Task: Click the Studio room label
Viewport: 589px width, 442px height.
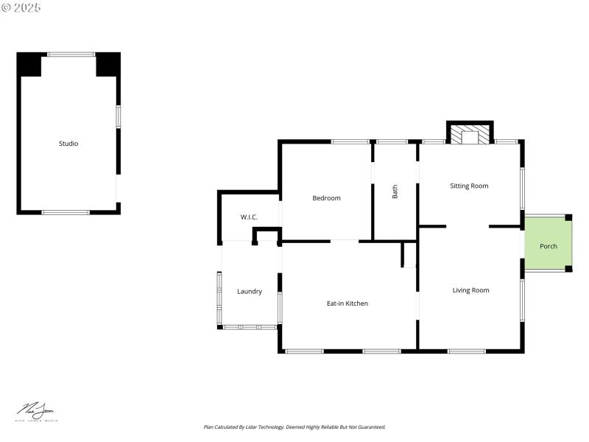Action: [68, 144]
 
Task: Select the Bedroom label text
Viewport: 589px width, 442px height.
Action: [326, 198]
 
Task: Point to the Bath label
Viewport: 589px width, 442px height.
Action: [395, 192]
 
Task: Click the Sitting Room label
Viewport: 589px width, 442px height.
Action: [469, 186]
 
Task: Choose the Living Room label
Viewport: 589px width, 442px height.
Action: [470, 290]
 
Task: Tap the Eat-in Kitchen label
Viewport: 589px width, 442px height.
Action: [348, 304]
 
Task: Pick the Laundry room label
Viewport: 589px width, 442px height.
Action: [250, 292]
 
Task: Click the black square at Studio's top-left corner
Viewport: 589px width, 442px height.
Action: [29, 65]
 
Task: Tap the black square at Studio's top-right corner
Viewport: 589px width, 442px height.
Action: [107, 65]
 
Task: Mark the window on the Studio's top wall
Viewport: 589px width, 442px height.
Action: [71, 54]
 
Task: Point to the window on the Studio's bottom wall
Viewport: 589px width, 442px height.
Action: [66, 212]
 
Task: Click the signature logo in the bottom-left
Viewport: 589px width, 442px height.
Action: [37, 411]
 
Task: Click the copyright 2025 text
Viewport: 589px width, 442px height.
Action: [21, 7]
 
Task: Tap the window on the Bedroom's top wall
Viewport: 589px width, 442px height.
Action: [350, 141]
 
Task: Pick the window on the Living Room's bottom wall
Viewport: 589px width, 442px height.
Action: [467, 351]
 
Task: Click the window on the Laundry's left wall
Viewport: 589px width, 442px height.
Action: [219, 299]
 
